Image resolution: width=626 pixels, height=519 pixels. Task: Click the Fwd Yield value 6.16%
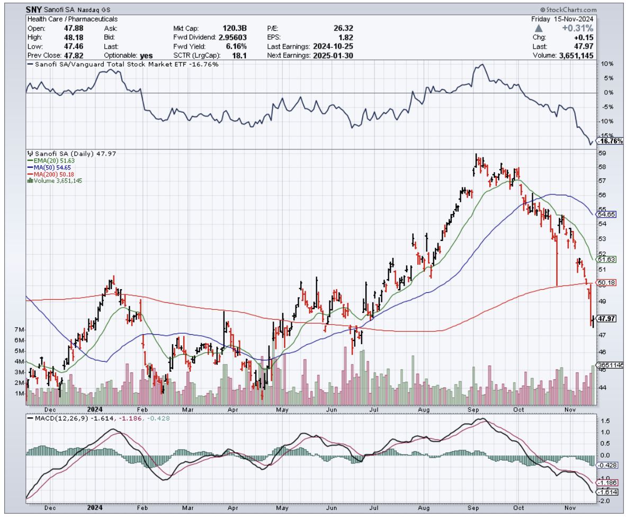[x=235, y=47]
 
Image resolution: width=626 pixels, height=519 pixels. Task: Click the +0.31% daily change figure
[x=581, y=28]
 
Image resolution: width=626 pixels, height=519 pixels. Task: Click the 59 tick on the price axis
[x=603, y=154]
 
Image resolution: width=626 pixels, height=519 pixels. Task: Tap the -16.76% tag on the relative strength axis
[x=610, y=141]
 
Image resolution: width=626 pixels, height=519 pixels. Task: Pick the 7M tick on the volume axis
[x=20, y=329]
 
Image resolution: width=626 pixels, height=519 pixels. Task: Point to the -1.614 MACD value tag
[x=606, y=493]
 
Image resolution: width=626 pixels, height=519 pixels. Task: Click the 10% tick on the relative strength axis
[x=607, y=64]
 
